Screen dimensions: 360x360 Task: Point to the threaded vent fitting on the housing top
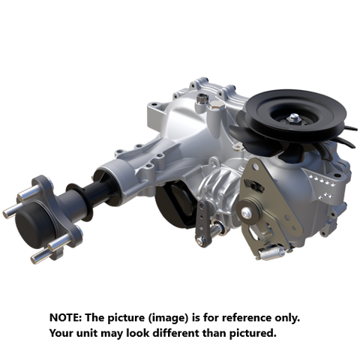[203, 99]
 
